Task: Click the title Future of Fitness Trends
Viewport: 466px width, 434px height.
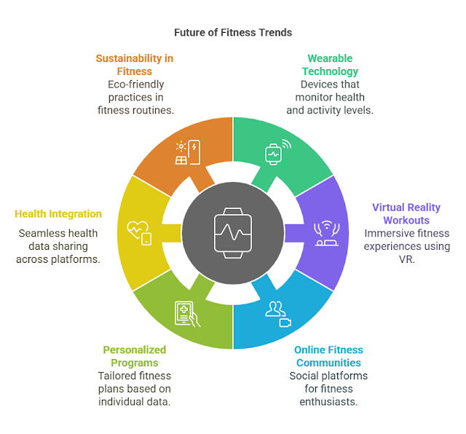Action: pyautogui.click(x=233, y=33)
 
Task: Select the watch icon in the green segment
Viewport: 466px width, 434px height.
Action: pyautogui.click(x=275, y=154)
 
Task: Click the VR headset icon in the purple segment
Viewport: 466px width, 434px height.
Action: pyautogui.click(x=325, y=232)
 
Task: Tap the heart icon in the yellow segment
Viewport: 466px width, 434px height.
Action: pyautogui.click(x=139, y=232)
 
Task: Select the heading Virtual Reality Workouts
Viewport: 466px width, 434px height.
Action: pyautogui.click(x=406, y=213)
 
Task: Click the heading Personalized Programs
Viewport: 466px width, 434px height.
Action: pyautogui.click(x=134, y=356)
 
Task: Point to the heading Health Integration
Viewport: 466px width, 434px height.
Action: pyautogui.click(x=58, y=214)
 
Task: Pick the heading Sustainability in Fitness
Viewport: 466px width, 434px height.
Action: pyautogui.click(x=135, y=65)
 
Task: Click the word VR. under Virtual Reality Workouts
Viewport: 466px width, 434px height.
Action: pyautogui.click(x=406, y=259)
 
